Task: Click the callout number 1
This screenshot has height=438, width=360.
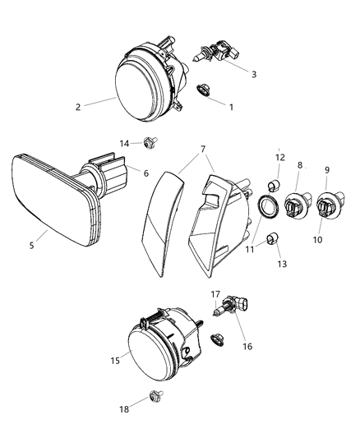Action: tap(231, 107)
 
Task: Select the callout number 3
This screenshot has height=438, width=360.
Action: tap(254, 74)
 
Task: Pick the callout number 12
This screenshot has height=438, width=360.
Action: tap(280, 157)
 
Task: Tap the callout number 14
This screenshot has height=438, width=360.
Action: tap(125, 143)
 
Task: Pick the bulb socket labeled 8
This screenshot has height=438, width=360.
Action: tap(294, 206)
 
